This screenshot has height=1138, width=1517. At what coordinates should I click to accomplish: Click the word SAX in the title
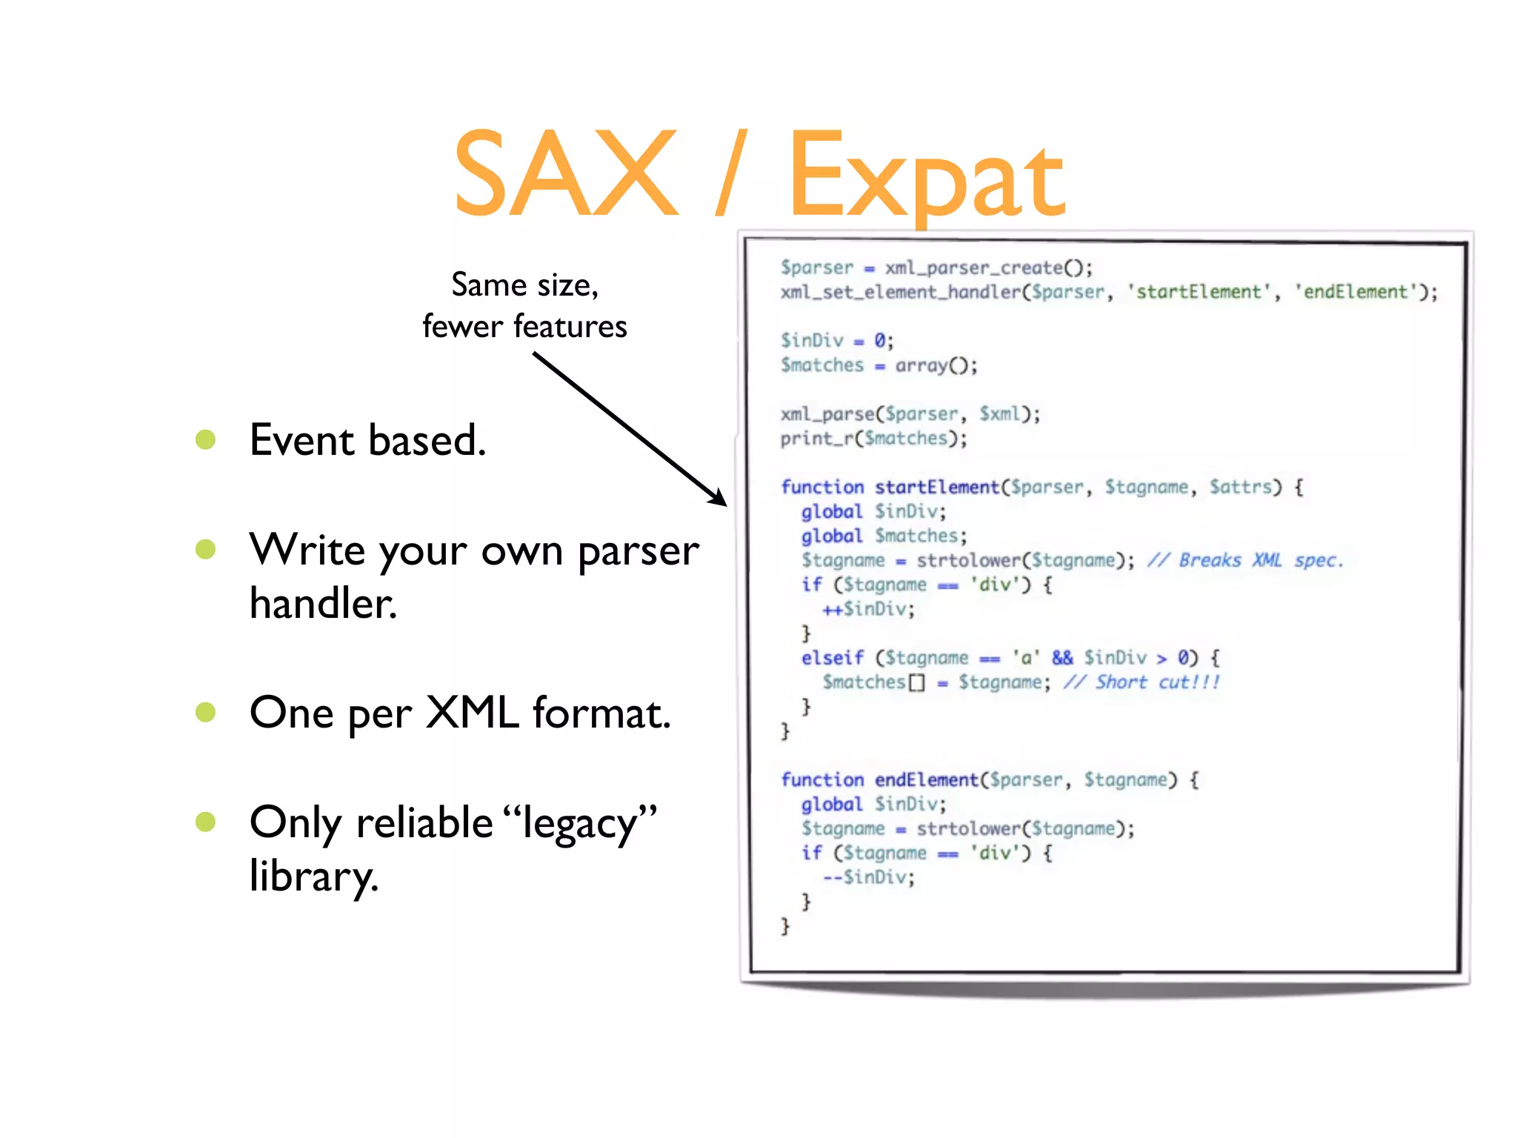tap(565, 174)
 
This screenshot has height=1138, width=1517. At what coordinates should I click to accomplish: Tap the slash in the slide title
tap(731, 174)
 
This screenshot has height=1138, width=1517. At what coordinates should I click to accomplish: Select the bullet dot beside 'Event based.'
tap(205, 440)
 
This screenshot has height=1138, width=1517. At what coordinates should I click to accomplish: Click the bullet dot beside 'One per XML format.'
tap(205, 713)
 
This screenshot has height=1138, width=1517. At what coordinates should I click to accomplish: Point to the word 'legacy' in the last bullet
tap(580, 824)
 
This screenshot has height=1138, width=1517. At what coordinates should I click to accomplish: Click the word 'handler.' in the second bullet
tap(323, 603)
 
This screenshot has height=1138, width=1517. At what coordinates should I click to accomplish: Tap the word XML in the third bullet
tap(472, 713)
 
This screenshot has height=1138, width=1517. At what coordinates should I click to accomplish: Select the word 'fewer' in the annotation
tap(461, 327)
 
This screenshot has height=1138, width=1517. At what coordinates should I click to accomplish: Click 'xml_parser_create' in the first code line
tap(973, 267)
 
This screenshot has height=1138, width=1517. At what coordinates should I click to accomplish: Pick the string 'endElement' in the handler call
tap(1355, 292)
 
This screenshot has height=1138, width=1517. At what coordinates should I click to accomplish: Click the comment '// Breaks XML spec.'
tap(1245, 560)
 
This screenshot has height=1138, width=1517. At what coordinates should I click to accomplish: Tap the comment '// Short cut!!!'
tap(1141, 682)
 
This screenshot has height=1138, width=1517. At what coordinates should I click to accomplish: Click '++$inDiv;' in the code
tap(868, 609)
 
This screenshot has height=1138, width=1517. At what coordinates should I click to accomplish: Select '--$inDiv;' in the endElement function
tap(868, 877)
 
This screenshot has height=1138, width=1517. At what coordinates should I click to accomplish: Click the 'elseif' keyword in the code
tap(832, 658)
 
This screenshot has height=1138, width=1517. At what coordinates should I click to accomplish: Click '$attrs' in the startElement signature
tap(1241, 487)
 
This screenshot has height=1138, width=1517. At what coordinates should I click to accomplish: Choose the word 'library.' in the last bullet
tap(314, 877)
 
